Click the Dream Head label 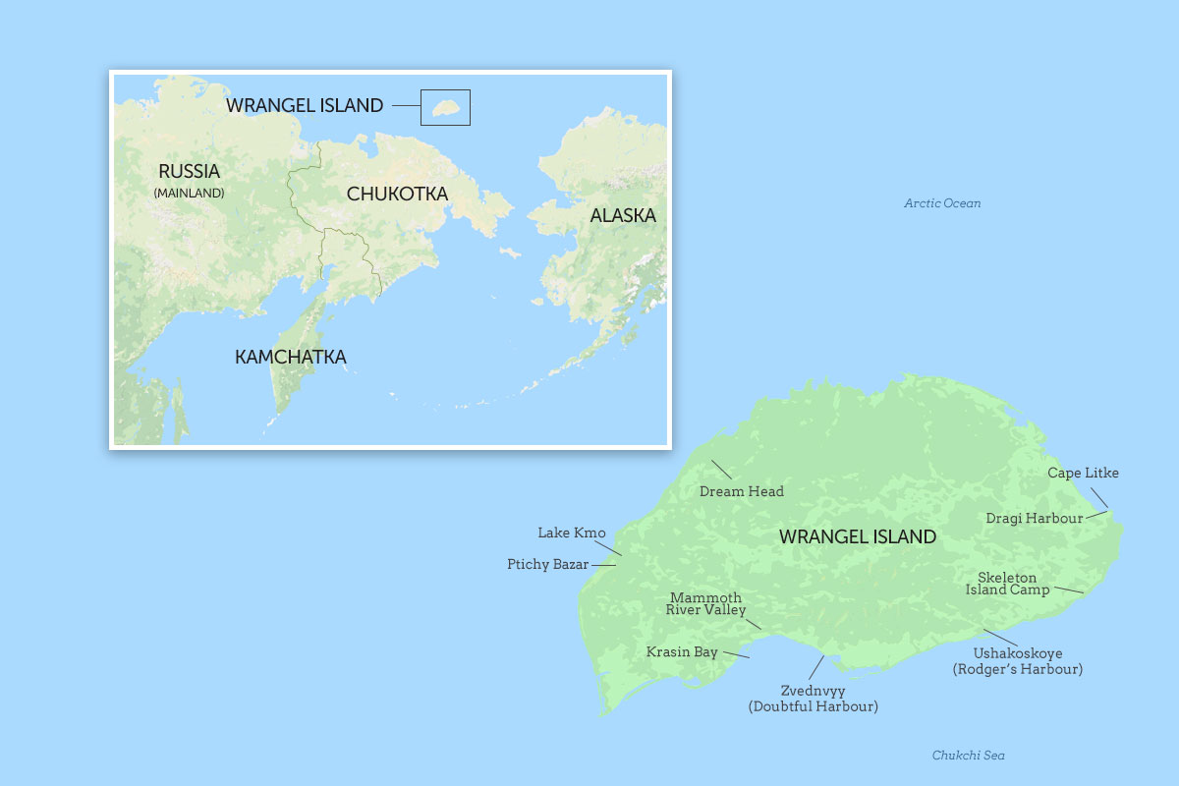pyautogui.click(x=741, y=491)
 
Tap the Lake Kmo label pyautogui.click(x=571, y=533)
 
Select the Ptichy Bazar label pyautogui.click(x=547, y=564)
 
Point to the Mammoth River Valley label pyautogui.click(x=705, y=603)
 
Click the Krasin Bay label pyautogui.click(x=681, y=651)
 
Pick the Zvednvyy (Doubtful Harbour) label pyautogui.click(x=813, y=699)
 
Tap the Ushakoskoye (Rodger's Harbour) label pyautogui.click(x=1017, y=661)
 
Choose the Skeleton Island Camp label pyautogui.click(x=1007, y=584)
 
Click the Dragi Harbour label pyautogui.click(x=1034, y=518)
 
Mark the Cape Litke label pyautogui.click(x=1083, y=473)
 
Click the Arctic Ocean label pyautogui.click(x=942, y=203)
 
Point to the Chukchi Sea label pyautogui.click(x=968, y=756)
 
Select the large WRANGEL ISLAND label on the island pyautogui.click(x=857, y=536)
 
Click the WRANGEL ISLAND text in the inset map pyautogui.click(x=305, y=105)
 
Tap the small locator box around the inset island pyautogui.click(x=445, y=107)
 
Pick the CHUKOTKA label pyautogui.click(x=397, y=194)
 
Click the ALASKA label pyautogui.click(x=622, y=215)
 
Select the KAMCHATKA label pyautogui.click(x=290, y=357)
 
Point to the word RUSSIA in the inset pyautogui.click(x=189, y=171)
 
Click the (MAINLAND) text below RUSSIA pyautogui.click(x=189, y=194)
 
